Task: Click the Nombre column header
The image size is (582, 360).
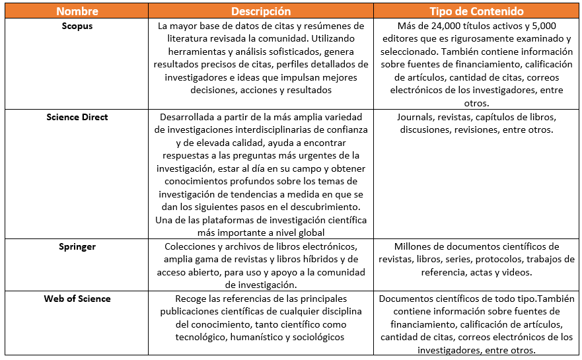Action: pos(77,11)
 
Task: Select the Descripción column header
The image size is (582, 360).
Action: pos(260,11)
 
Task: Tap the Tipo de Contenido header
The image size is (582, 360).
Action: pos(476,11)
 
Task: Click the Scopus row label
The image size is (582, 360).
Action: pos(77,26)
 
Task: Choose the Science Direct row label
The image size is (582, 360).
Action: pos(77,117)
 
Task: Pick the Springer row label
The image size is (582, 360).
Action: pos(77,246)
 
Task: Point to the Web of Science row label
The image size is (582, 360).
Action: pos(77,299)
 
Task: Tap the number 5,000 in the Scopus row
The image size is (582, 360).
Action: pos(528,26)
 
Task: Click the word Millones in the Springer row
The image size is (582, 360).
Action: pos(414,246)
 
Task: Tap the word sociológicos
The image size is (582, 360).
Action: pos(318,337)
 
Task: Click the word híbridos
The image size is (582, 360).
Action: pos(310,260)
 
